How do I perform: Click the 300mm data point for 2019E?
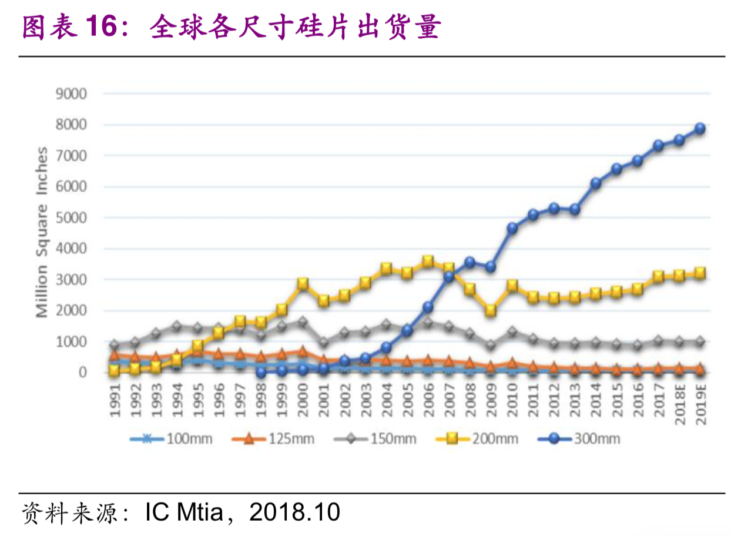[699, 129]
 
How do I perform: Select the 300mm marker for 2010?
[512, 228]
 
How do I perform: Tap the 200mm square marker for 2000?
[303, 284]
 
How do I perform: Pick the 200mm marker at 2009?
[491, 310]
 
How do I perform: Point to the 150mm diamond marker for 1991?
[115, 345]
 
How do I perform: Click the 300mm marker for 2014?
[596, 183]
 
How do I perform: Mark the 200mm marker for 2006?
[428, 262]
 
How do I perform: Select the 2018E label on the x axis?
[679, 401]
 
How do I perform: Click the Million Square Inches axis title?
[42, 233]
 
